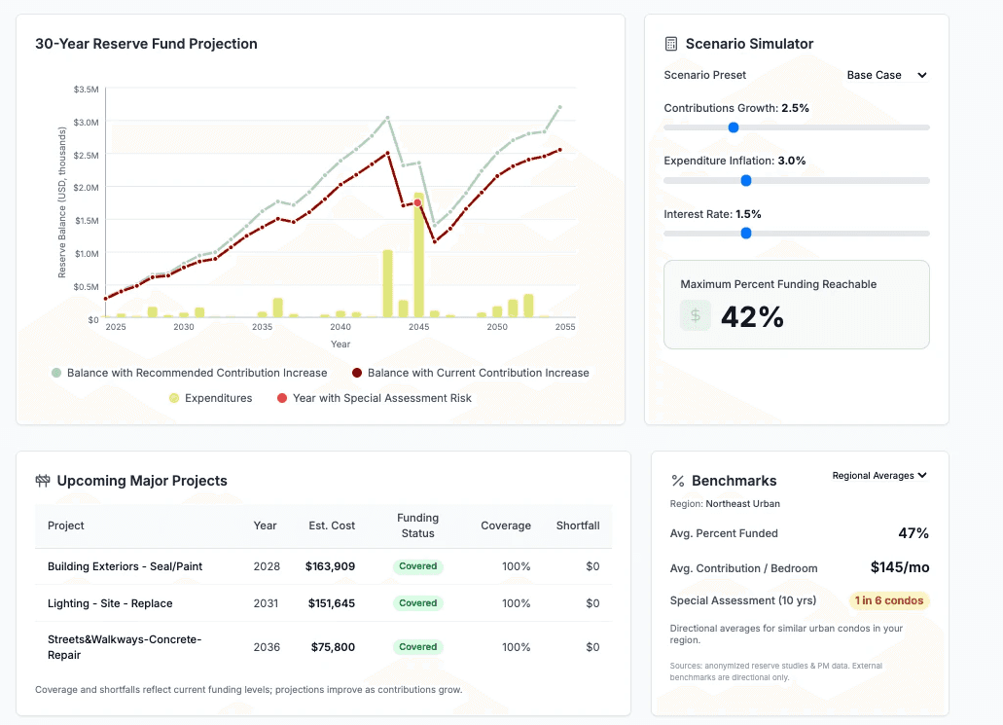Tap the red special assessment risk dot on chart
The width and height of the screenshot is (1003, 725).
417,202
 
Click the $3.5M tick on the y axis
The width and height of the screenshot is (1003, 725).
86,89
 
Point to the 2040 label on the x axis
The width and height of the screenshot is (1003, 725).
340,327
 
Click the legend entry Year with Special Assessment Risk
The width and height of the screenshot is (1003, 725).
375,398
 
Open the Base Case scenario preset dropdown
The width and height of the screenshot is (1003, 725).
886,75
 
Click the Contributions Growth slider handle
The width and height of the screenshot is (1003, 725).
734,127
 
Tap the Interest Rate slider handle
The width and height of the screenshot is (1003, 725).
746,234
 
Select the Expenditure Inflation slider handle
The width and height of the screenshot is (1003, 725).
746,180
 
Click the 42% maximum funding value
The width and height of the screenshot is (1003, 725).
752,316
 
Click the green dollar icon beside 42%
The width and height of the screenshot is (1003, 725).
695,315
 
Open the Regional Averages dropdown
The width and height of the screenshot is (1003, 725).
879,476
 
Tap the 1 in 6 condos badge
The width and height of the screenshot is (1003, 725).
889,600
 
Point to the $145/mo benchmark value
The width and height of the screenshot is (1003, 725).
899,567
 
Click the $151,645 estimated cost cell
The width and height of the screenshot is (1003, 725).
332,603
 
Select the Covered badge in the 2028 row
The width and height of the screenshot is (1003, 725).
418,566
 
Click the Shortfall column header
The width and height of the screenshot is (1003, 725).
578,526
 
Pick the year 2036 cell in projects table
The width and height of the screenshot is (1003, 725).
266,647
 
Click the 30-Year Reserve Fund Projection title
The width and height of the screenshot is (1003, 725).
146,44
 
